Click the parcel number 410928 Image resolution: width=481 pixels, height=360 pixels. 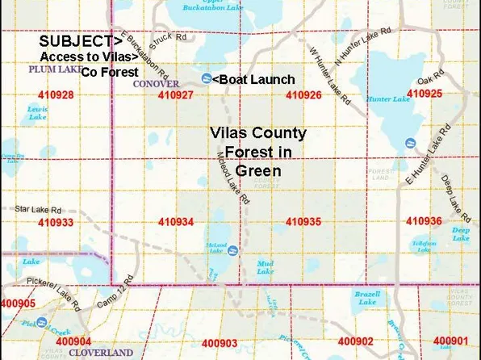click(x=56, y=95)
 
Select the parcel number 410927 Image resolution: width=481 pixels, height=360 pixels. click(x=177, y=95)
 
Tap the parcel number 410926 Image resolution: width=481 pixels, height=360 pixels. click(x=304, y=95)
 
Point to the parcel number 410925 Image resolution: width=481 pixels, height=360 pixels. click(x=425, y=94)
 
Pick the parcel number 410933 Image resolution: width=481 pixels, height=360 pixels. click(x=56, y=222)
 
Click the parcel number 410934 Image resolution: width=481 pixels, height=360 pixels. click(x=177, y=222)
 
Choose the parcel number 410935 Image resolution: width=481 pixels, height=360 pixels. click(x=304, y=221)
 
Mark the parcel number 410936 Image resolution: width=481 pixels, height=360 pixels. click(x=424, y=221)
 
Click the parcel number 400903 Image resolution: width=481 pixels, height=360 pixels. click(x=220, y=343)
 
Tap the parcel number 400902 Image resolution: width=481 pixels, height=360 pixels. click(x=356, y=342)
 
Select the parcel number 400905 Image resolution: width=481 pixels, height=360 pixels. click(x=18, y=303)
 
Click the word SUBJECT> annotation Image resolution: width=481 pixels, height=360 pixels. click(x=82, y=40)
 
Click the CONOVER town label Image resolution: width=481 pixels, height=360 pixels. click(x=157, y=83)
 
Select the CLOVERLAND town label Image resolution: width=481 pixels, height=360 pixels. click(x=101, y=353)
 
